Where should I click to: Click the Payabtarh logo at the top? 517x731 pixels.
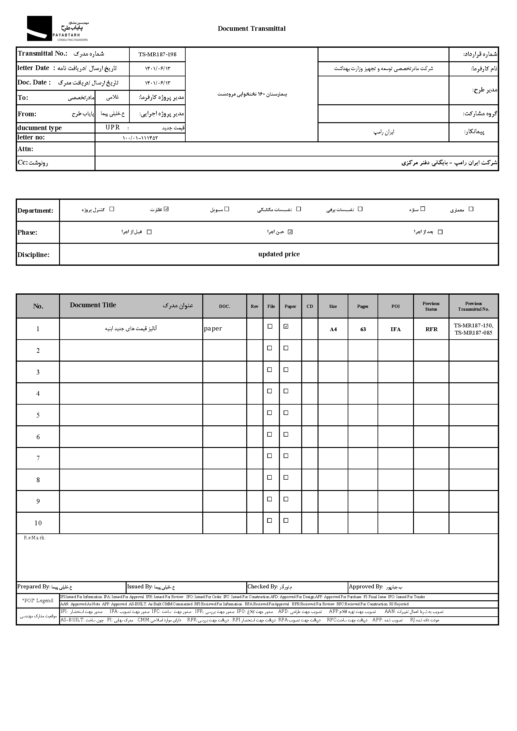[x=57, y=29]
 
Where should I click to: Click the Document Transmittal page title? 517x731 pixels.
[x=252, y=29]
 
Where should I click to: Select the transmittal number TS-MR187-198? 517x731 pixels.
[x=157, y=54]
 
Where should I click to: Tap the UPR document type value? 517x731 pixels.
[x=113, y=127]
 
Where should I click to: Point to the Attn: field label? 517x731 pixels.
[x=25, y=149]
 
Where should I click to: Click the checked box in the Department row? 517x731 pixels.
[x=166, y=209]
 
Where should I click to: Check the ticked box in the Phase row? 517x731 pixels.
[x=290, y=232]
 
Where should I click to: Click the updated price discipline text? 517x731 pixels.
[x=279, y=254]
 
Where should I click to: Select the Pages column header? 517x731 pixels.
[x=362, y=306]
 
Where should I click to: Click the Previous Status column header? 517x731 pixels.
[x=431, y=306]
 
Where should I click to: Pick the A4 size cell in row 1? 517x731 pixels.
[x=333, y=329]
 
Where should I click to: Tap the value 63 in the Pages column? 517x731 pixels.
[x=363, y=329]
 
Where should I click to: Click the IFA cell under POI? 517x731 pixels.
[x=395, y=329]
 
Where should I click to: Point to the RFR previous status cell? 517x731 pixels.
[x=431, y=329]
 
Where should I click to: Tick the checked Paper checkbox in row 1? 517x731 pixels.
[x=286, y=326]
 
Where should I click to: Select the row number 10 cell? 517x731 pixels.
[x=38, y=523]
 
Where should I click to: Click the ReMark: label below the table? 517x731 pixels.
[x=34, y=538]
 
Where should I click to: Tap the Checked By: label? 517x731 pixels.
[x=263, y=586]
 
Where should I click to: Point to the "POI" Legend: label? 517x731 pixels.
[x=38, y=600]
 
